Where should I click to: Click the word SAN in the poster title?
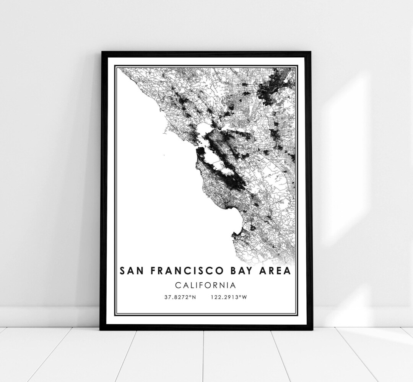click(131, 271)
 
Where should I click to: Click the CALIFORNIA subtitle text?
click(205, 285)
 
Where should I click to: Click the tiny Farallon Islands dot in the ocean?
click(163, 155)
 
